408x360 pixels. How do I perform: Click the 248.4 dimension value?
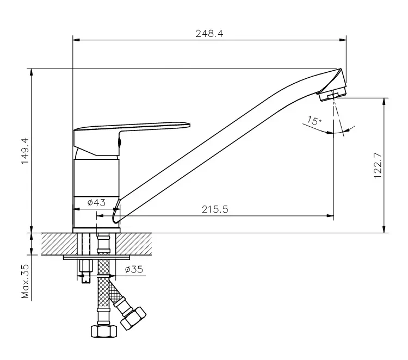209,34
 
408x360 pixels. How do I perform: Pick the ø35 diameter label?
134,269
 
